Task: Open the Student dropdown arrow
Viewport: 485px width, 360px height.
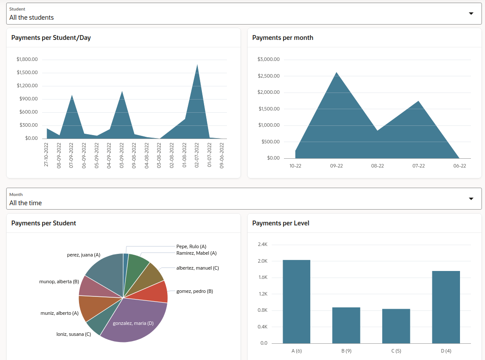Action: tap(471, 14)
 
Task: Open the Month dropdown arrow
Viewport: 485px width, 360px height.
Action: tap(471, 199)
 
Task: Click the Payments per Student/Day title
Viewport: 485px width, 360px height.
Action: tap(51, 38)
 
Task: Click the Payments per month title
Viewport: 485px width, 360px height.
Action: tap(283, 38)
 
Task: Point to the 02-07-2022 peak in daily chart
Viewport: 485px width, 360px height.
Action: tap(197, 66)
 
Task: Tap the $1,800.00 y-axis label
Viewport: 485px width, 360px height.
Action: tap(27, 59)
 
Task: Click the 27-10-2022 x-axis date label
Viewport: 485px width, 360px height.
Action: tap(47, 154)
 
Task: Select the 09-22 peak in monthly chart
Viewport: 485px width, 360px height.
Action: tap(336, 73)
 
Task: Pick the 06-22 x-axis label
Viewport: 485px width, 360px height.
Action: tap(460, 166)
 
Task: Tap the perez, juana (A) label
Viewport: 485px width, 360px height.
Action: tap(83, 255)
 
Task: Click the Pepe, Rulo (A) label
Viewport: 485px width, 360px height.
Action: tap(191, 246)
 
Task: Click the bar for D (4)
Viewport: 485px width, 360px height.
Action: tap(446, 307)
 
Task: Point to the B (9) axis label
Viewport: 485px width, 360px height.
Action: tap(346, 351)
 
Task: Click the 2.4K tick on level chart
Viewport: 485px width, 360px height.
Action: tap(262, 244)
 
